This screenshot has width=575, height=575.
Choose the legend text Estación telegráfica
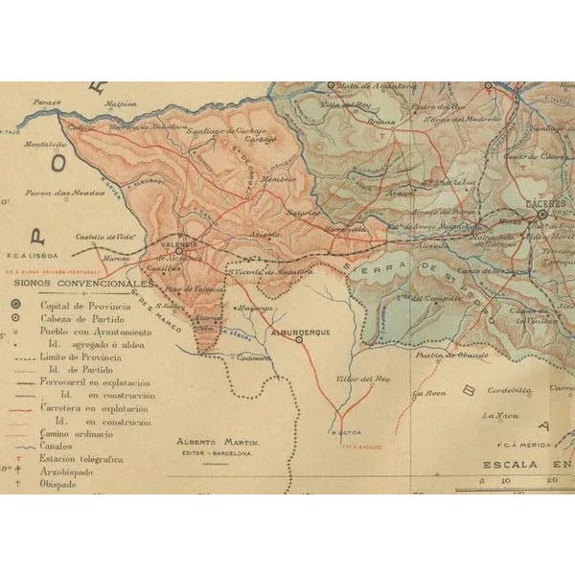click(x=81, y=460)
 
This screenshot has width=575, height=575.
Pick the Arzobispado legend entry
click(x=68, y=472)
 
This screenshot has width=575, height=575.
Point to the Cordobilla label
click(x=509, y=391)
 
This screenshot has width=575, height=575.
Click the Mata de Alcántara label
click(x=364, y=87)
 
